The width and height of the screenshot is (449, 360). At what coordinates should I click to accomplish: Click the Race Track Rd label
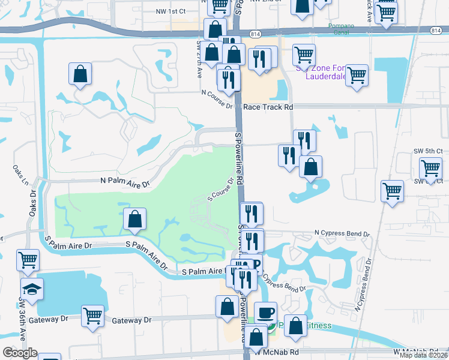[x=268, y=107]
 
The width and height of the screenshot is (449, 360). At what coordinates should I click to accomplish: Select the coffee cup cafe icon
[x=265, y=313]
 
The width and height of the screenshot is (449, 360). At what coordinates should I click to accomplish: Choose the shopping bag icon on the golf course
[x=135, y=220]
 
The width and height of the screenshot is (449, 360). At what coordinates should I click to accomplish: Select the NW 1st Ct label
[x=170, y=11]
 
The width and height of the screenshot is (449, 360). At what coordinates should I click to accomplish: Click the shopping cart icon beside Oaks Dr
[x=28, y=261]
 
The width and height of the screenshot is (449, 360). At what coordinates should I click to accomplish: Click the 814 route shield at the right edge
[x=435, y=30]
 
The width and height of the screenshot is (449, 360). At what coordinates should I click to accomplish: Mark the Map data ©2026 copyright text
[x=424, y=355]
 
